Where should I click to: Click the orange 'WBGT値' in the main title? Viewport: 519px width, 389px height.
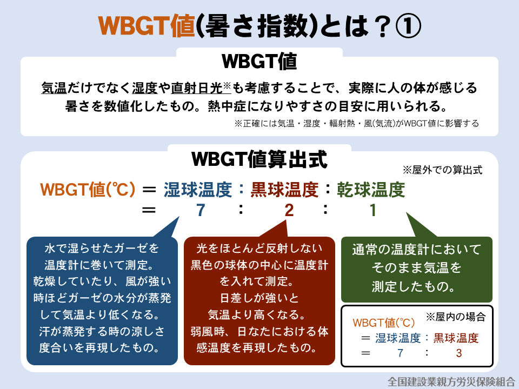147,26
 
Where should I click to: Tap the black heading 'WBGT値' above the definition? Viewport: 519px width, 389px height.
259,61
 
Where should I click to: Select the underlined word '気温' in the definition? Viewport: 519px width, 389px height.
54,88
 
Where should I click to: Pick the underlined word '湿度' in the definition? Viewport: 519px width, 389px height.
145,88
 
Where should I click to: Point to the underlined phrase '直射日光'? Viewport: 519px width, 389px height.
197,88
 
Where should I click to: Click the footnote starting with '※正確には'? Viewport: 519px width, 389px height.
356,123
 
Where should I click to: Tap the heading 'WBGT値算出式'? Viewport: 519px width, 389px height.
259,159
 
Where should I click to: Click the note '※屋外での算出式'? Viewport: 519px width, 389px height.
442,170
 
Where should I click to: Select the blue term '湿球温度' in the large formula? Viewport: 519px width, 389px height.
198,190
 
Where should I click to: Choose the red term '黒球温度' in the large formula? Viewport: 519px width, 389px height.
284,190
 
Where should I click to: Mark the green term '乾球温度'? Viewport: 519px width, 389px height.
371,190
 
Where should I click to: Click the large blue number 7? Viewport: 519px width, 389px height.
201,210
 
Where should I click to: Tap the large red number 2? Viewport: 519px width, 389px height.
289,210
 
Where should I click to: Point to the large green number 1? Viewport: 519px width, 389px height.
373,210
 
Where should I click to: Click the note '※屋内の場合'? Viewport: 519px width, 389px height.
455,317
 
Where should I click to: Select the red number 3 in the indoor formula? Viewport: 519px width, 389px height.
459,353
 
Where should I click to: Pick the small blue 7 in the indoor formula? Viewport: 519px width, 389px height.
401,353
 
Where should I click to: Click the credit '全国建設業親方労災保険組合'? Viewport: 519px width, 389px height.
451,382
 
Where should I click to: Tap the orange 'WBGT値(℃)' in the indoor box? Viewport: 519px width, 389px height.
384,323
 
